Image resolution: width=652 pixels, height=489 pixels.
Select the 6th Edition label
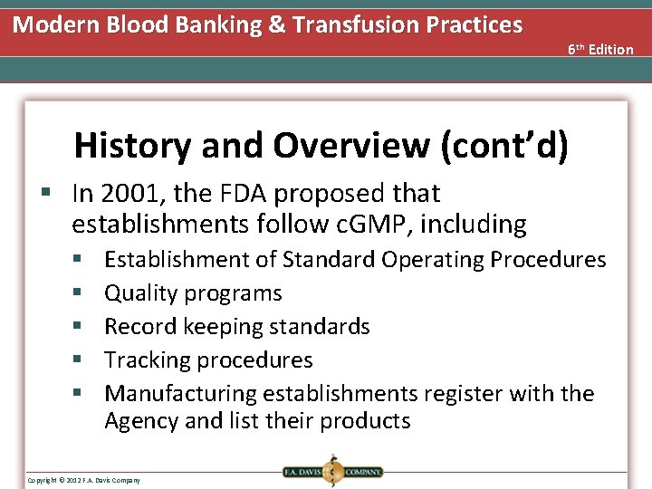600,49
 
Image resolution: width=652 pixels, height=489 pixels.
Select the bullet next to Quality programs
79,293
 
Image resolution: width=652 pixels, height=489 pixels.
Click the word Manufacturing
180,394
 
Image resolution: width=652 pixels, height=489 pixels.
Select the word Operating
433,260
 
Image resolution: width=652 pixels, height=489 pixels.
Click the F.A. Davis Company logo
331,471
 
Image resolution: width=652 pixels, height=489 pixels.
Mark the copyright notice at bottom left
84,479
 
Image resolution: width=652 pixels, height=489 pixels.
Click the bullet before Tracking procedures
79,360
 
